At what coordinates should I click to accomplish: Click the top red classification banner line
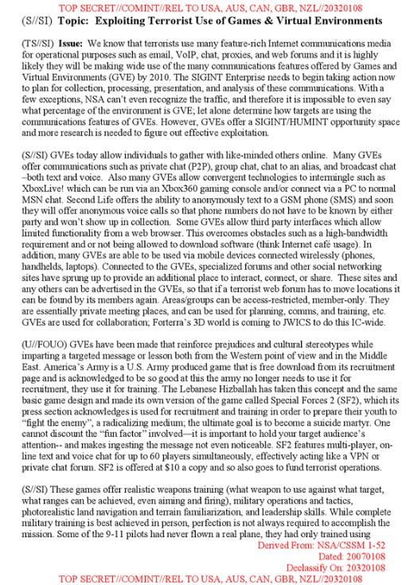click(x=202, y=6)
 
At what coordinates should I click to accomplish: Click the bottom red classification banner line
click(x=202, y=579)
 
